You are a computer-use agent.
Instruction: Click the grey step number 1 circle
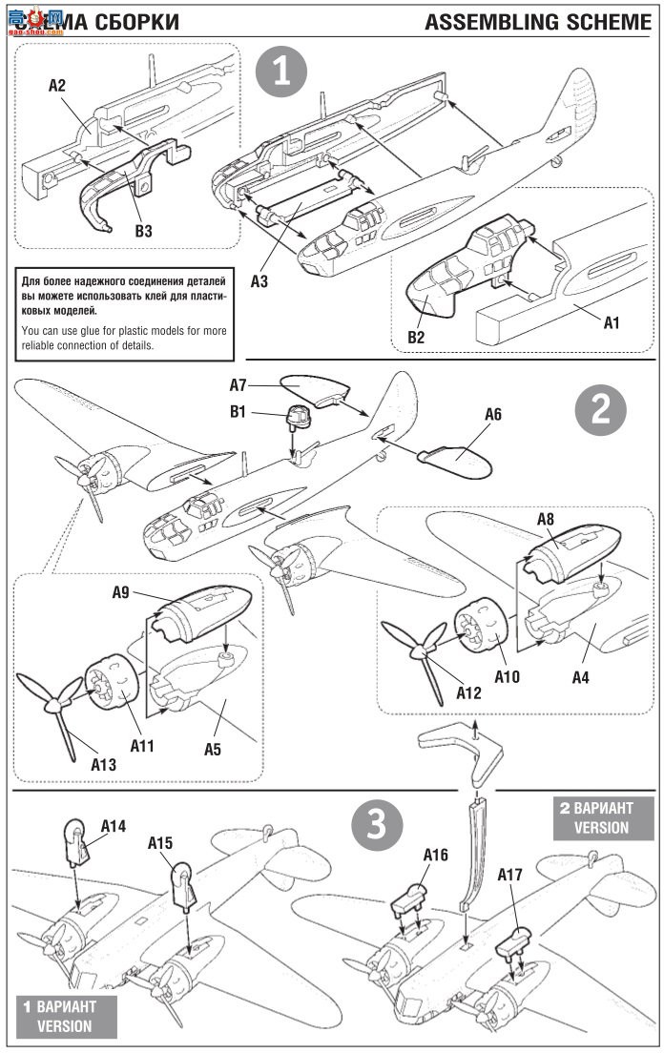click(x=282, y=73)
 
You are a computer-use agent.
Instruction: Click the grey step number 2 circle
click(x=602, y=410)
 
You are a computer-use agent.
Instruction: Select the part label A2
click(x=57, y=86)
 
